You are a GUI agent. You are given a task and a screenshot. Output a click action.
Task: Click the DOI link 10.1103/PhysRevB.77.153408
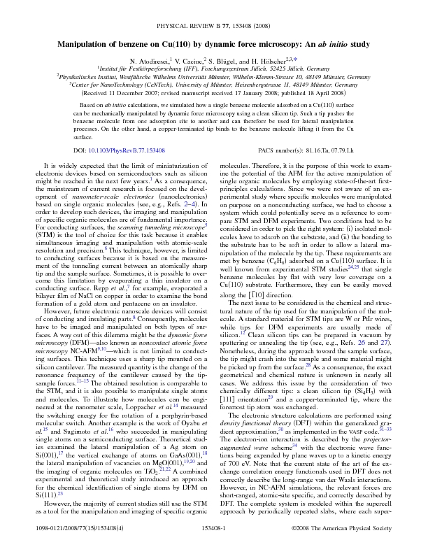pos(131,150)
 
